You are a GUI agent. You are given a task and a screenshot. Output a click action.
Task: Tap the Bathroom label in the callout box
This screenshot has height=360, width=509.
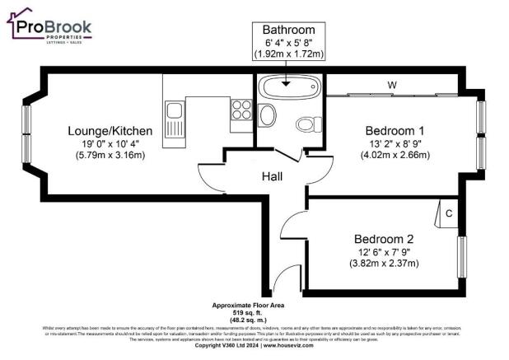pos(288,30)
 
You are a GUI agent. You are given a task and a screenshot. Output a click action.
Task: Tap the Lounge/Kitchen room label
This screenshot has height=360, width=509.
pos(110,130)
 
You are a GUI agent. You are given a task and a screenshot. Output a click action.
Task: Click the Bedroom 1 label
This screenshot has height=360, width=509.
pos(394,130)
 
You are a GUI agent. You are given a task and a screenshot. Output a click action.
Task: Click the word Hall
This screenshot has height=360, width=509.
pos(274,176)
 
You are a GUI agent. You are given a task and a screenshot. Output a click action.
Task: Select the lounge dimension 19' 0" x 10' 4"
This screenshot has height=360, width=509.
pos(110,143)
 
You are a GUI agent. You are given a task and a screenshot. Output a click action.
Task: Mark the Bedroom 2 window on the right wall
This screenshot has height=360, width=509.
pos(461,260)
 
